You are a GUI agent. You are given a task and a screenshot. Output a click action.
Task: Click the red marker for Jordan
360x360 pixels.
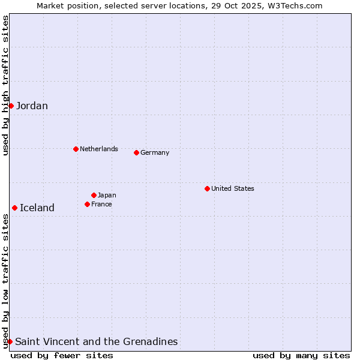tap(11, 106)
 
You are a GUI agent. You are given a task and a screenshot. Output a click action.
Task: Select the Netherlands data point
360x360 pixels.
tap(76, 149)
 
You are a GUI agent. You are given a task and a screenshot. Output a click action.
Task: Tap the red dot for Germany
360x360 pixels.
tap(136, 152)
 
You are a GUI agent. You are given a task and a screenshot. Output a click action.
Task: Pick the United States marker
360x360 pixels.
tap(207, 188)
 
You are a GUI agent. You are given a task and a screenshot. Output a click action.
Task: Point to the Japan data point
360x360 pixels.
tap(94, 195)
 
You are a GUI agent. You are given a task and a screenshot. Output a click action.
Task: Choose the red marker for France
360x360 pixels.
tap(87, 204)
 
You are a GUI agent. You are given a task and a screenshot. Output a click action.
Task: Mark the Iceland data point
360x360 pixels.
tap(14, 208)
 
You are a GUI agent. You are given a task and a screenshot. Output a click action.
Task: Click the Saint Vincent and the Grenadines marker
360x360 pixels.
tap(10, 341)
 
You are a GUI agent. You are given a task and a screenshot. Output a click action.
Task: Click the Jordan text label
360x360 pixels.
tap(32, 106)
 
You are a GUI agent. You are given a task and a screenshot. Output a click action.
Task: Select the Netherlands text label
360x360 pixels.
tap(99, 149)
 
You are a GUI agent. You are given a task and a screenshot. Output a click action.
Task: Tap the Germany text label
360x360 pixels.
tap(155, 152)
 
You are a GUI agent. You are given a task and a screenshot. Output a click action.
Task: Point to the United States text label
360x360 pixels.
tap(233, 188)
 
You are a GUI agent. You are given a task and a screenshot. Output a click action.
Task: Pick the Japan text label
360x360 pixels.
tap(107, 195)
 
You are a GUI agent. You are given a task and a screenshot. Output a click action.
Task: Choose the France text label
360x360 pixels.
tap(101, 204)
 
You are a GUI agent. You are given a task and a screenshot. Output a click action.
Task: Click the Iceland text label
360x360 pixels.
tap(37, 208)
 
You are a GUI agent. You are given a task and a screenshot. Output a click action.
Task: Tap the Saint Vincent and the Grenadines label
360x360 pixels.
tap(96, 342)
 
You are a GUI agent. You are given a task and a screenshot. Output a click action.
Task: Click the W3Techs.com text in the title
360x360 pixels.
tap(293, 5)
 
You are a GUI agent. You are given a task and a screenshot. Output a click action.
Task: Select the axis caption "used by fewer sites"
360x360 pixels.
tap(62, 355)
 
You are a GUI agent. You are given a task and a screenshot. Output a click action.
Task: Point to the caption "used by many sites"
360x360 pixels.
tap(301, 355)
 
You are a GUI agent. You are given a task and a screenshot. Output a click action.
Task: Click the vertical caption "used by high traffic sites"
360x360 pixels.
tap(5, 85)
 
